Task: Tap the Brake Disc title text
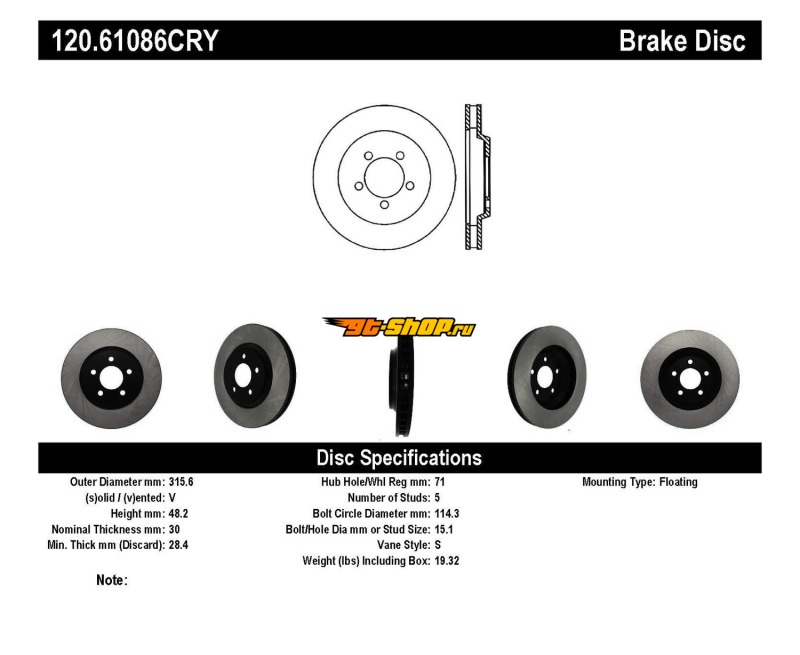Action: [x=682, y=41]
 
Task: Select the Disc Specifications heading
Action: [x=399, y=458]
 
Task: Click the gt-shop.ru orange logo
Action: [x=399, y=326]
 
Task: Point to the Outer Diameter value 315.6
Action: [x=181, y=482]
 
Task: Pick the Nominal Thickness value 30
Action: [x=174, y=529]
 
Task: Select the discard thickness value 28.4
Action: [x=178, y=545]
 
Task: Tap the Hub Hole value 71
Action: [x=440, y=482]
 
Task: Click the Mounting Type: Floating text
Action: [x=640, y=482]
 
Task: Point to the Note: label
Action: [x=112, y=580]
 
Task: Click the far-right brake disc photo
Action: [x=689, y=377]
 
